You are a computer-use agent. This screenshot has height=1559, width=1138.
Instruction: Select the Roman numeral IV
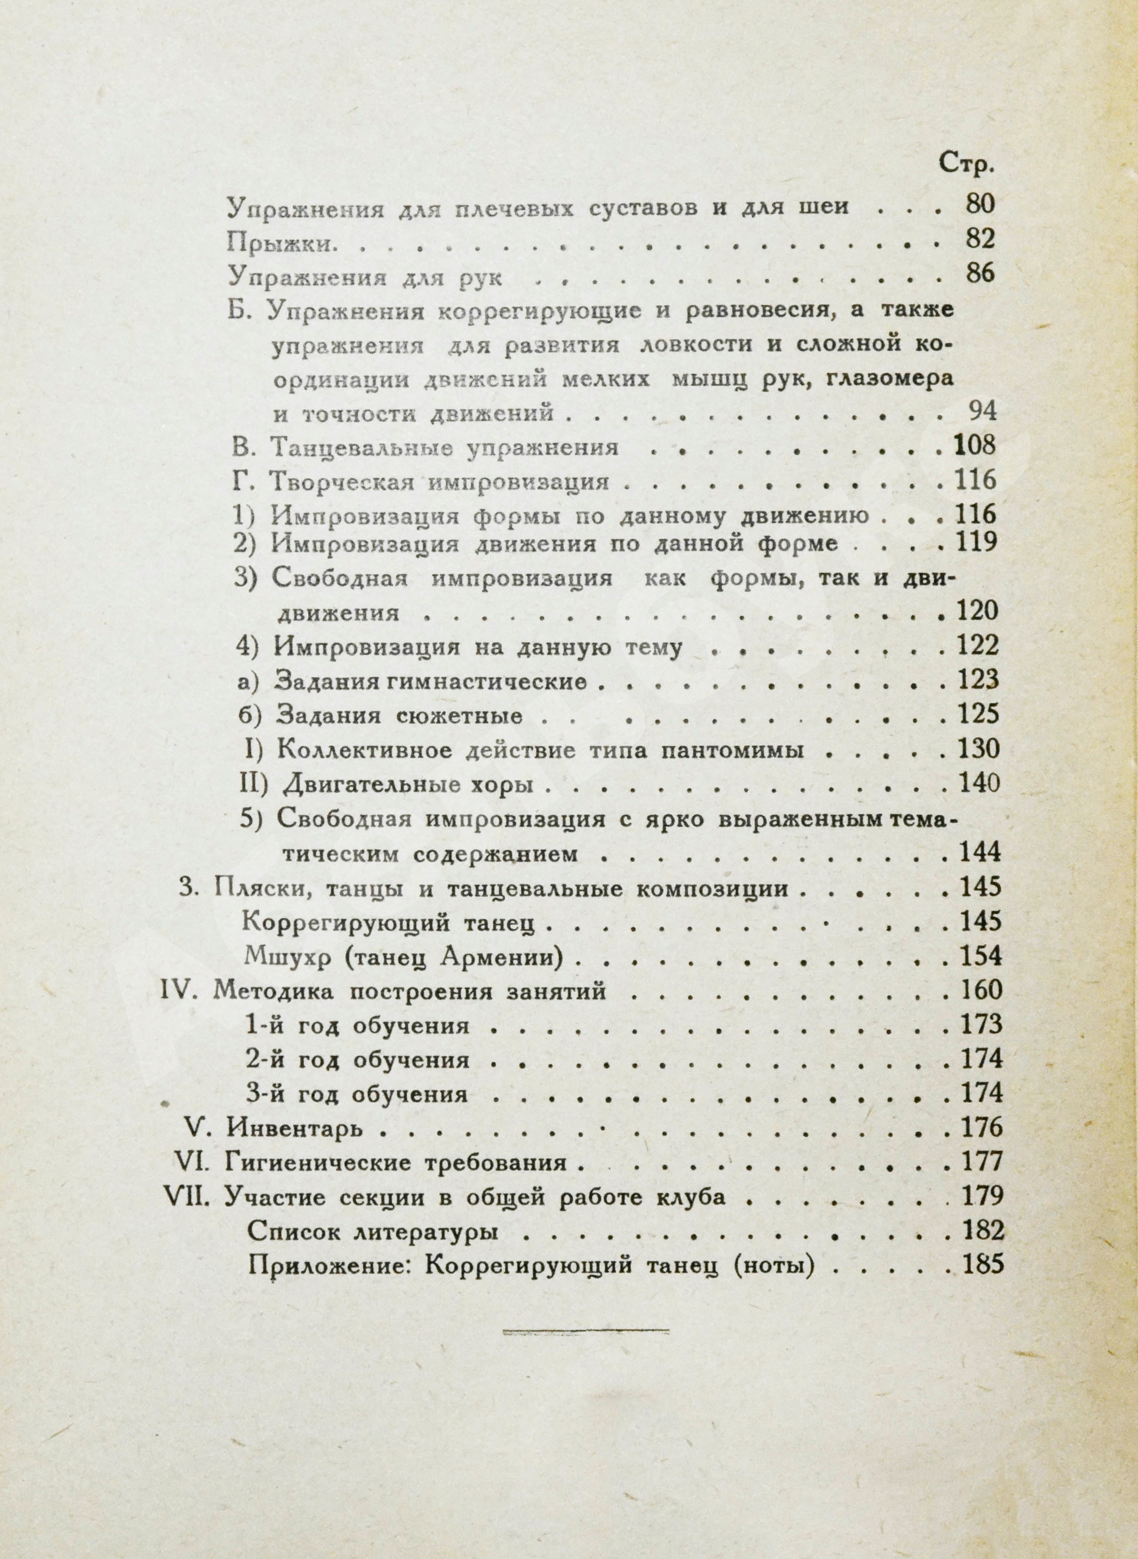[179, 991]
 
